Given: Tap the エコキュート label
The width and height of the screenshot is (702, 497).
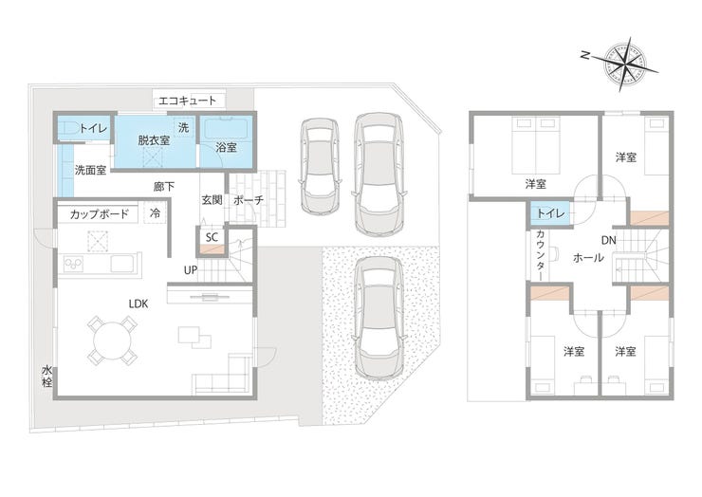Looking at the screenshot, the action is [188, 101].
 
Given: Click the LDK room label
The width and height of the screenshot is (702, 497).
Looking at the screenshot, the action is [139, 304].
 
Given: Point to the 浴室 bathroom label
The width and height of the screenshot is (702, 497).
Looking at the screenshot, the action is [226, 147].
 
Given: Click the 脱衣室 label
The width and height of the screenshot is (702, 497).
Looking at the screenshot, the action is [154, 140].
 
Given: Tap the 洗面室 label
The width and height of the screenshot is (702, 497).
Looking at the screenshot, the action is [90, 170].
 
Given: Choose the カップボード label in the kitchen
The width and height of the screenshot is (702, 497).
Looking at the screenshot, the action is [99, 214].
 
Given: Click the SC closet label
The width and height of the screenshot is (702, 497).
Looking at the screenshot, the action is [212, 237].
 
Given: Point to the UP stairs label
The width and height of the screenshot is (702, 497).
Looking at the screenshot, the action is [191, 270].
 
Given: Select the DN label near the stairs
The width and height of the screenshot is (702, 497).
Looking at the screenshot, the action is [609, 241].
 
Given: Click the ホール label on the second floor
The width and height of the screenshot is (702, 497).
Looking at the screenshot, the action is [589, 258].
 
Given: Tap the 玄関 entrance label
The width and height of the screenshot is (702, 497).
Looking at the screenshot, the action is [212, 200].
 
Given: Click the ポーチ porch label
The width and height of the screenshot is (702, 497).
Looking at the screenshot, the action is [249, 200].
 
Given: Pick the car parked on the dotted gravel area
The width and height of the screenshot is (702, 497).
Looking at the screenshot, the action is [379, 318].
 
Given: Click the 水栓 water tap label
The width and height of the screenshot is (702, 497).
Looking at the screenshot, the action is [47, 377].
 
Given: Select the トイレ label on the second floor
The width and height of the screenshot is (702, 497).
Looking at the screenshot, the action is [551, 213].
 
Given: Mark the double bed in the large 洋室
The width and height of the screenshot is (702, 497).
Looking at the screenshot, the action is [536, 144].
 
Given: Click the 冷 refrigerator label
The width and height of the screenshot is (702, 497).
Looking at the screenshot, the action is [155, 212].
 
